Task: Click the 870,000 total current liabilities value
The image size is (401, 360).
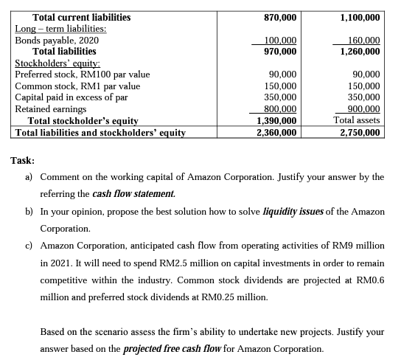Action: click(280, 17)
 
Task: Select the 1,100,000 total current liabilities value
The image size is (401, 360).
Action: click(360, 17)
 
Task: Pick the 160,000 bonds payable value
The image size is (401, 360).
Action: click(361, 41)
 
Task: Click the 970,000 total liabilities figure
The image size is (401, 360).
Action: click(280, 52)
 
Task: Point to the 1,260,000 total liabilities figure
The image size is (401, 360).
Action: click(360, 52)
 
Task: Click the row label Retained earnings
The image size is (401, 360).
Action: click(49, 108)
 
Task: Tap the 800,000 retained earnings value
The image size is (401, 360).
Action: click(280, 108)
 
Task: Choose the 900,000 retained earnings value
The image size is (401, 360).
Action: click(361, 108)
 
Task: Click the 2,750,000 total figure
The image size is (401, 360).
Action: click(360, 133)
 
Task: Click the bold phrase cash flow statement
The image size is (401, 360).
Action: click(135, 194)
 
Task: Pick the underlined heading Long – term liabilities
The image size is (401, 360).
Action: click(60, 29)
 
